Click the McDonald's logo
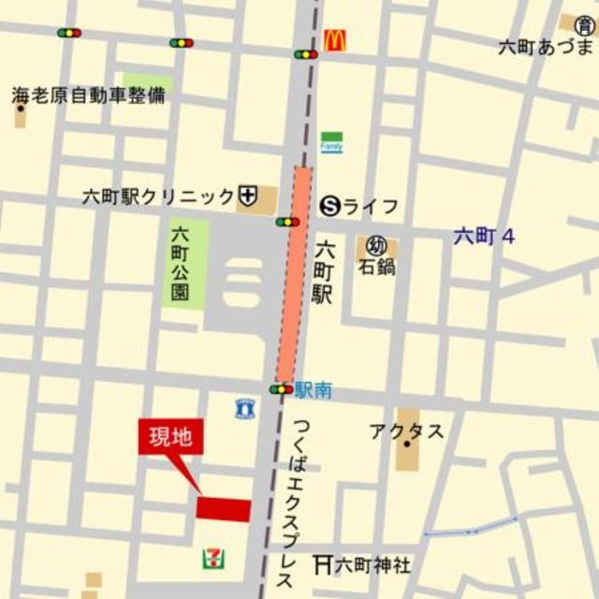tap(335, 40)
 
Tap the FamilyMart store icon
tap(331, 142)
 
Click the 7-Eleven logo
tap(213, 559)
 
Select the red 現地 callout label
tap(170, 437)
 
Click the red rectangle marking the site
tap(224, 509)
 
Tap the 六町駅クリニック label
tap(158, 197)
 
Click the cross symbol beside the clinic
tap(248, 196)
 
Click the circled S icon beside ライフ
tap(329, 206)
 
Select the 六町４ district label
tap(484, 236)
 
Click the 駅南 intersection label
tap(314, 390)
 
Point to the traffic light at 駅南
tap(281, 388)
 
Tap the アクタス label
tap(406, 431)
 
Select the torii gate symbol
tap(323, 564)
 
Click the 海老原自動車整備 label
tap(89, 95)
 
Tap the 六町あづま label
tap(547, 47)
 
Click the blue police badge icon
tap(243, 408)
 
